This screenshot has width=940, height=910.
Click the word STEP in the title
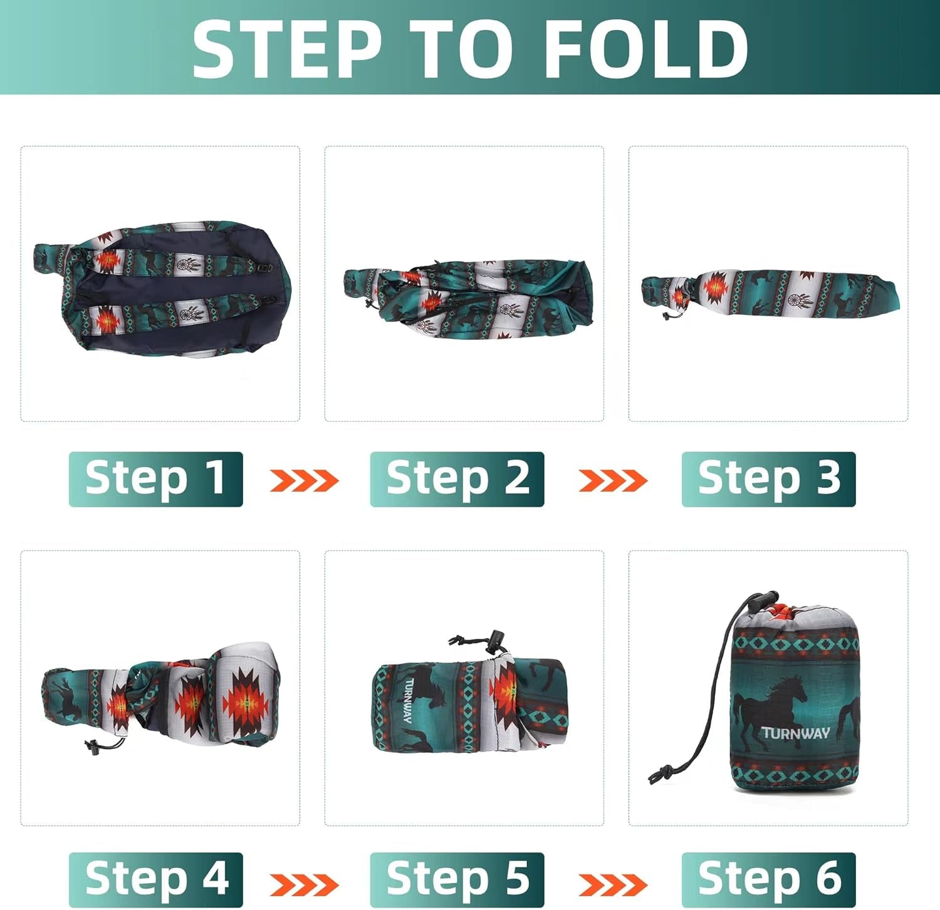[x=287, y=49]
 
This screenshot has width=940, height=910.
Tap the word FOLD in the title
[x=646, y=49]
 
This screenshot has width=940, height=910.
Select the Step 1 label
[x=155, y=479]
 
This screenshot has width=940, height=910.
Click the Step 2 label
[x=457, y=479]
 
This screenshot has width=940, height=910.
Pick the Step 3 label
[x=768, y=479]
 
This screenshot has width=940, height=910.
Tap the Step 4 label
[x=155, y=879]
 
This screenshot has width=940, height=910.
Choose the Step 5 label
[x=457, y=879]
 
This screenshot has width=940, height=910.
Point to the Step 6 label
[x=768, y=879]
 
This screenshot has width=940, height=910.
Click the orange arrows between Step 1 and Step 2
[x=304, y=480]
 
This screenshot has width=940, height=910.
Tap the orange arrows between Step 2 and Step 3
[x=613, y=480]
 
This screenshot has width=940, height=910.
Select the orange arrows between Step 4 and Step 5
[x=304, y=884]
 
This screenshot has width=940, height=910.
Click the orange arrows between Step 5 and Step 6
[x=613, y=884]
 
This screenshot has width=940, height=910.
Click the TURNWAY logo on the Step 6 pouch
[x=795, y=733]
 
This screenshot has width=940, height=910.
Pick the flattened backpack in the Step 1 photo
[x=162, y=288]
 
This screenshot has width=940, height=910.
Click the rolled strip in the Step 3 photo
[x=770, y=293]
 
